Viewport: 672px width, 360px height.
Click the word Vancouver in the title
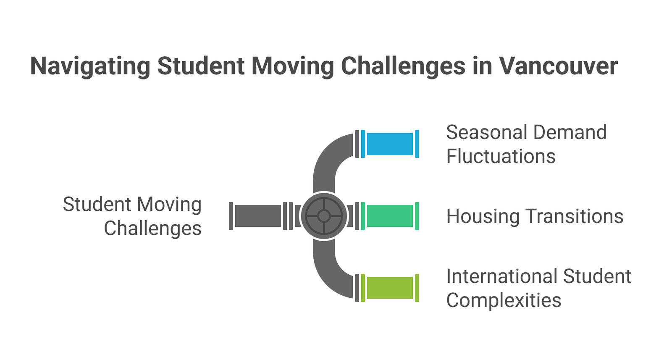click(558, 66)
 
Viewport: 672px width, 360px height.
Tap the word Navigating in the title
click(90, 67)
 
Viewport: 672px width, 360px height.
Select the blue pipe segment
click(390, 144)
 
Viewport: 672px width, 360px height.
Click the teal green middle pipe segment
click(390, 216)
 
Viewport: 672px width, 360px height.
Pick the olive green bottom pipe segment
click(390, 288)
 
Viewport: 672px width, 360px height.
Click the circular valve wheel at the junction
click(324, 216)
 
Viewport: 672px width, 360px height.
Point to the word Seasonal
click(487, 132)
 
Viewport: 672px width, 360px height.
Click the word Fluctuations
click(501, 156)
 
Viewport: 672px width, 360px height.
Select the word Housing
click(483, 217)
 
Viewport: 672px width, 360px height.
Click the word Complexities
click(504, 301)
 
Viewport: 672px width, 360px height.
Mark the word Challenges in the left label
click(153, 229)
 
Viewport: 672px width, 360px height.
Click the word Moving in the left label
click(169, 205)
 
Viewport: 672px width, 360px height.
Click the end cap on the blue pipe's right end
click(417, 144)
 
